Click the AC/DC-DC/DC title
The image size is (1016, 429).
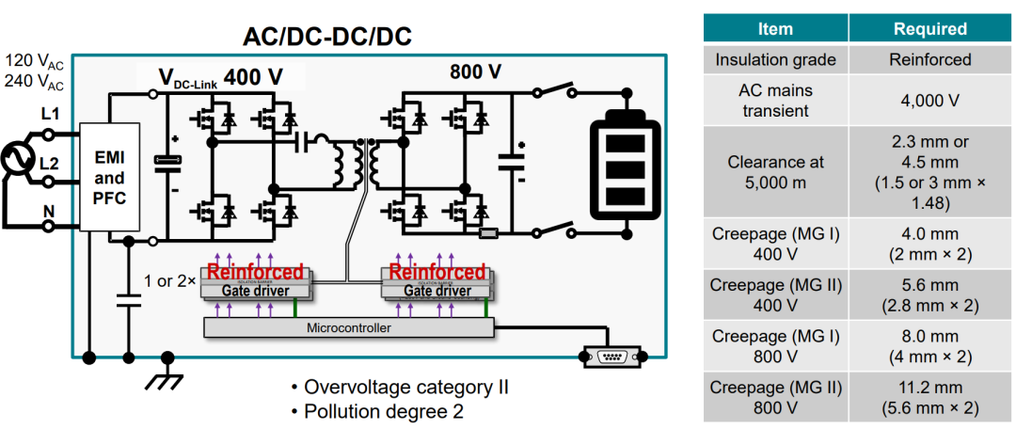[327, 37]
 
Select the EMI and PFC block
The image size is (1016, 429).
[109, 176]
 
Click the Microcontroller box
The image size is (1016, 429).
[347, 328]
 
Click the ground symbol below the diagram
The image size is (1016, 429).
[167, 374]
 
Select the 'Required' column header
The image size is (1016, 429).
[929, 29]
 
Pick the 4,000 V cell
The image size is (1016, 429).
[929, 101]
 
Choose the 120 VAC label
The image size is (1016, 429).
[35, 61]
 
